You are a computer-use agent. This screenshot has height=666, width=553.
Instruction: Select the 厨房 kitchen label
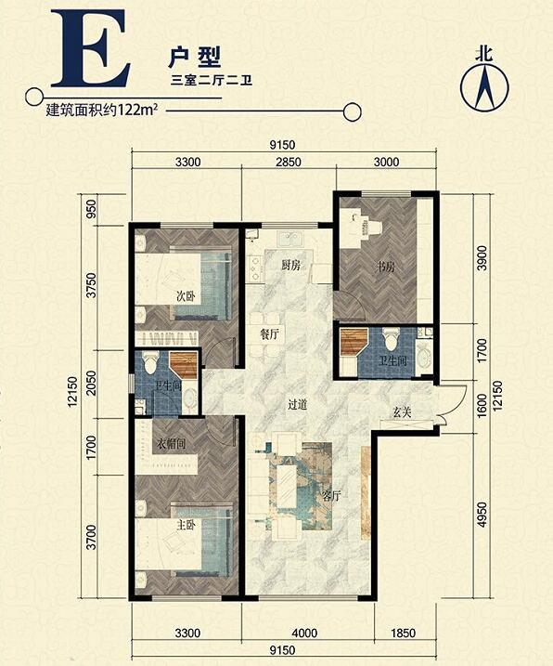(x=291, y=266)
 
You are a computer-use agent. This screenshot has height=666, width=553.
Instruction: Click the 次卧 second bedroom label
(x=186, y=296)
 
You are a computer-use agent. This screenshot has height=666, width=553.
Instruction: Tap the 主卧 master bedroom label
(x=186, y=526)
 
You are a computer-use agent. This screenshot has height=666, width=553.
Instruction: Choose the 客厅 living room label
(x=332, y=496)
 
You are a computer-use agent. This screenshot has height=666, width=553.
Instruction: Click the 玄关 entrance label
(x=402, y=412)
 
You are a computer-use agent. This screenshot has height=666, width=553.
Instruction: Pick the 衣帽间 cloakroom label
(x=171, y=444)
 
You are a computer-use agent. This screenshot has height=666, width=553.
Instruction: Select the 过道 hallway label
(x=297, y=405)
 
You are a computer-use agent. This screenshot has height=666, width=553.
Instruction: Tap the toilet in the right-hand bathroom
(x=390, y=337)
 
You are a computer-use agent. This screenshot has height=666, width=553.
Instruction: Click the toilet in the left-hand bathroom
(x=150, y=362)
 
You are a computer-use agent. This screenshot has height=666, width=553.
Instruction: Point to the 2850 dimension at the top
(x=289, y=162)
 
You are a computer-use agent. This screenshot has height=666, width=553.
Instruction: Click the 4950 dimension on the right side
(x=481, y=515)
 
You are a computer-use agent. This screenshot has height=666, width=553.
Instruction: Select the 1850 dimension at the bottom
(x=403, y=633)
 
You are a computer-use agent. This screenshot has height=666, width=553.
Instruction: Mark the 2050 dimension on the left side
(x=92, y=384)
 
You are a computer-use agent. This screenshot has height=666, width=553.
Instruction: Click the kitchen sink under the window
(x=289, y=239)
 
